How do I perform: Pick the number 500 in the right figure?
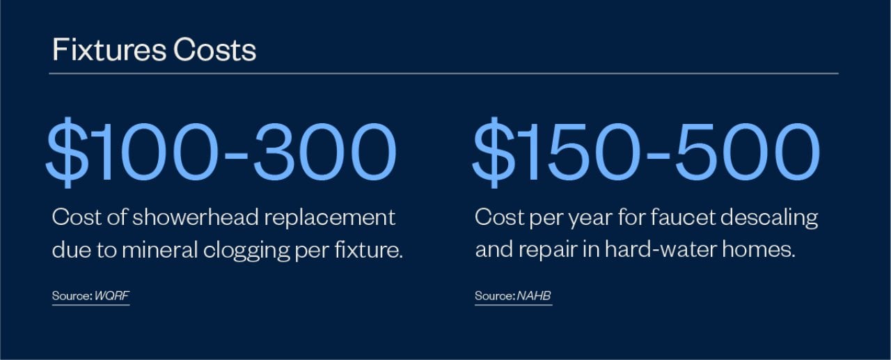click(750, 152)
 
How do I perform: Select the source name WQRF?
click(111, 296)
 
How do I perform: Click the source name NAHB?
click(534, 296)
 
